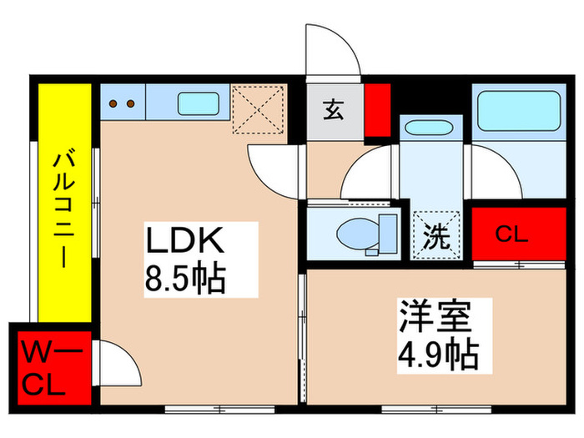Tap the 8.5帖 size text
[186, 279]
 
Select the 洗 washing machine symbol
[435, 234]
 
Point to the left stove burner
[115, 105]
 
